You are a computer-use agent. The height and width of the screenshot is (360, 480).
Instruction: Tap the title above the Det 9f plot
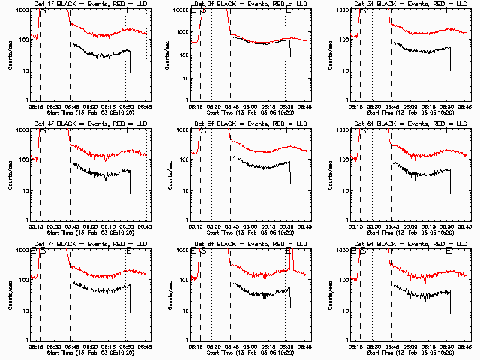(409, 244)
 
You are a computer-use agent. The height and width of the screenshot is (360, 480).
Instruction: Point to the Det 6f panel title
(409, 124)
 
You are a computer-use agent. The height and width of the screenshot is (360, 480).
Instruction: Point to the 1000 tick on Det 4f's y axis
(21, 130)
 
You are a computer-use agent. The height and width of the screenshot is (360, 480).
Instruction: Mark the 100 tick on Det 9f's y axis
(344, 280)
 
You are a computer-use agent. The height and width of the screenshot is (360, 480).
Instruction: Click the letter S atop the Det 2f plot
(203, 11)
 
